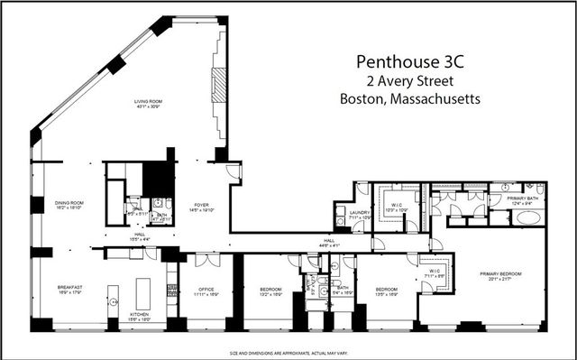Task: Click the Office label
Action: coord(206,290)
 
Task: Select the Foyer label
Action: coord(202,206)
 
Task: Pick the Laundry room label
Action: coord(359,214)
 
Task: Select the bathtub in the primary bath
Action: coord(527,217)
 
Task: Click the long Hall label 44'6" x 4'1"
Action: coord(328,241)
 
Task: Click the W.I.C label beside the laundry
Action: coord(398,206)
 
